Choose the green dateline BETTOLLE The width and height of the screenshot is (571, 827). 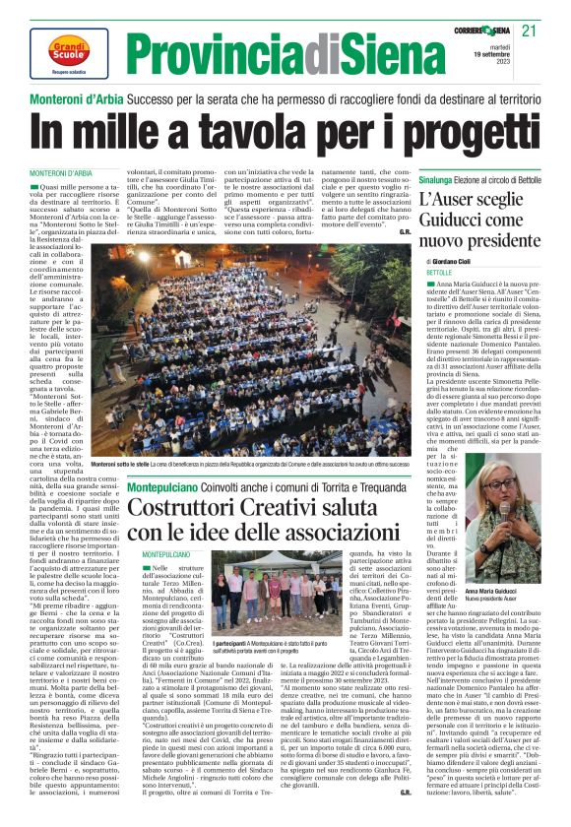click(x=439, y=271)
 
